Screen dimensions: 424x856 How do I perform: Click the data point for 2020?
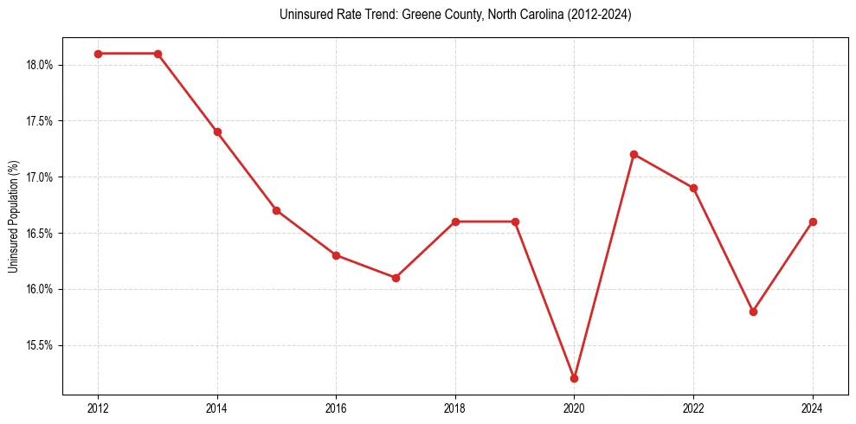[x=574, y=378]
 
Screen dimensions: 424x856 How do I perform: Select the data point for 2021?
[x=634, y=154]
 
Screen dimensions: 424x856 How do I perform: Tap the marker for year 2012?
[x=98, y=54]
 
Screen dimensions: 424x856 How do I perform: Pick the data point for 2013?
[x=158, y=54]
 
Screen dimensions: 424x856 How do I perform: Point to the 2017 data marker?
[x=396, y=278]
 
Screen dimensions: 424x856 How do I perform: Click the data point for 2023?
[x=753, y=312]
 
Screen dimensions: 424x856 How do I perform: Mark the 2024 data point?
[x=813, y=222]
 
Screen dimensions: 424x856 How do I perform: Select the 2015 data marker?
[x=276, y=210]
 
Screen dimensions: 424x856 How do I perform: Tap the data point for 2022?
[x=693, y=188]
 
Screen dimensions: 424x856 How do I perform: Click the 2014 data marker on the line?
[x=217, y=132]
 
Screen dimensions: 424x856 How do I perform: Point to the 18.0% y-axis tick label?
[x=40, y=65]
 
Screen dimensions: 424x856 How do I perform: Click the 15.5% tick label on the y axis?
[x=40, y=345]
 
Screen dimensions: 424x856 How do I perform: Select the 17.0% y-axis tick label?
[x=40, y=177]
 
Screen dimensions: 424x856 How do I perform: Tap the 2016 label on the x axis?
[x=336, y=408]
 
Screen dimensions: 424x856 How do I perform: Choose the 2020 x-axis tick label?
[x=574, y=408]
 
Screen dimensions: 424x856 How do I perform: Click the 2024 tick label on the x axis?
[x=813, y=408]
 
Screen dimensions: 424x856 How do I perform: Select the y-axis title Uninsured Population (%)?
[x=13, y=216]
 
